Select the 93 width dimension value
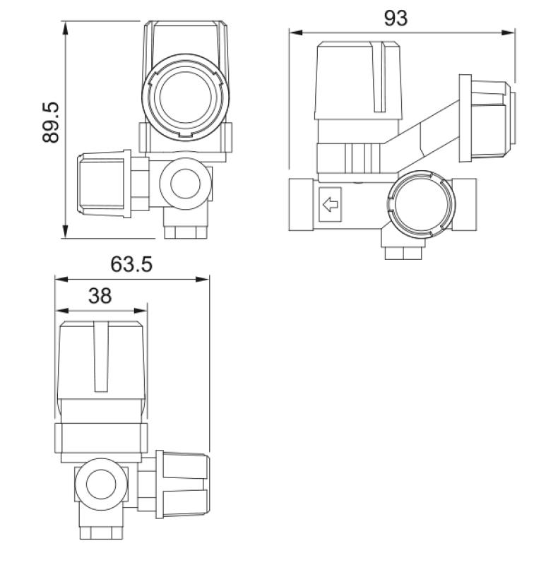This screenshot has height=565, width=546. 396,19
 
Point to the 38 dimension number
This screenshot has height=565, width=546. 100,296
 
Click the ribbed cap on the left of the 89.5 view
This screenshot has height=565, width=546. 102,184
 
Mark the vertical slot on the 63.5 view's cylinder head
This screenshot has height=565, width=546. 101,357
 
